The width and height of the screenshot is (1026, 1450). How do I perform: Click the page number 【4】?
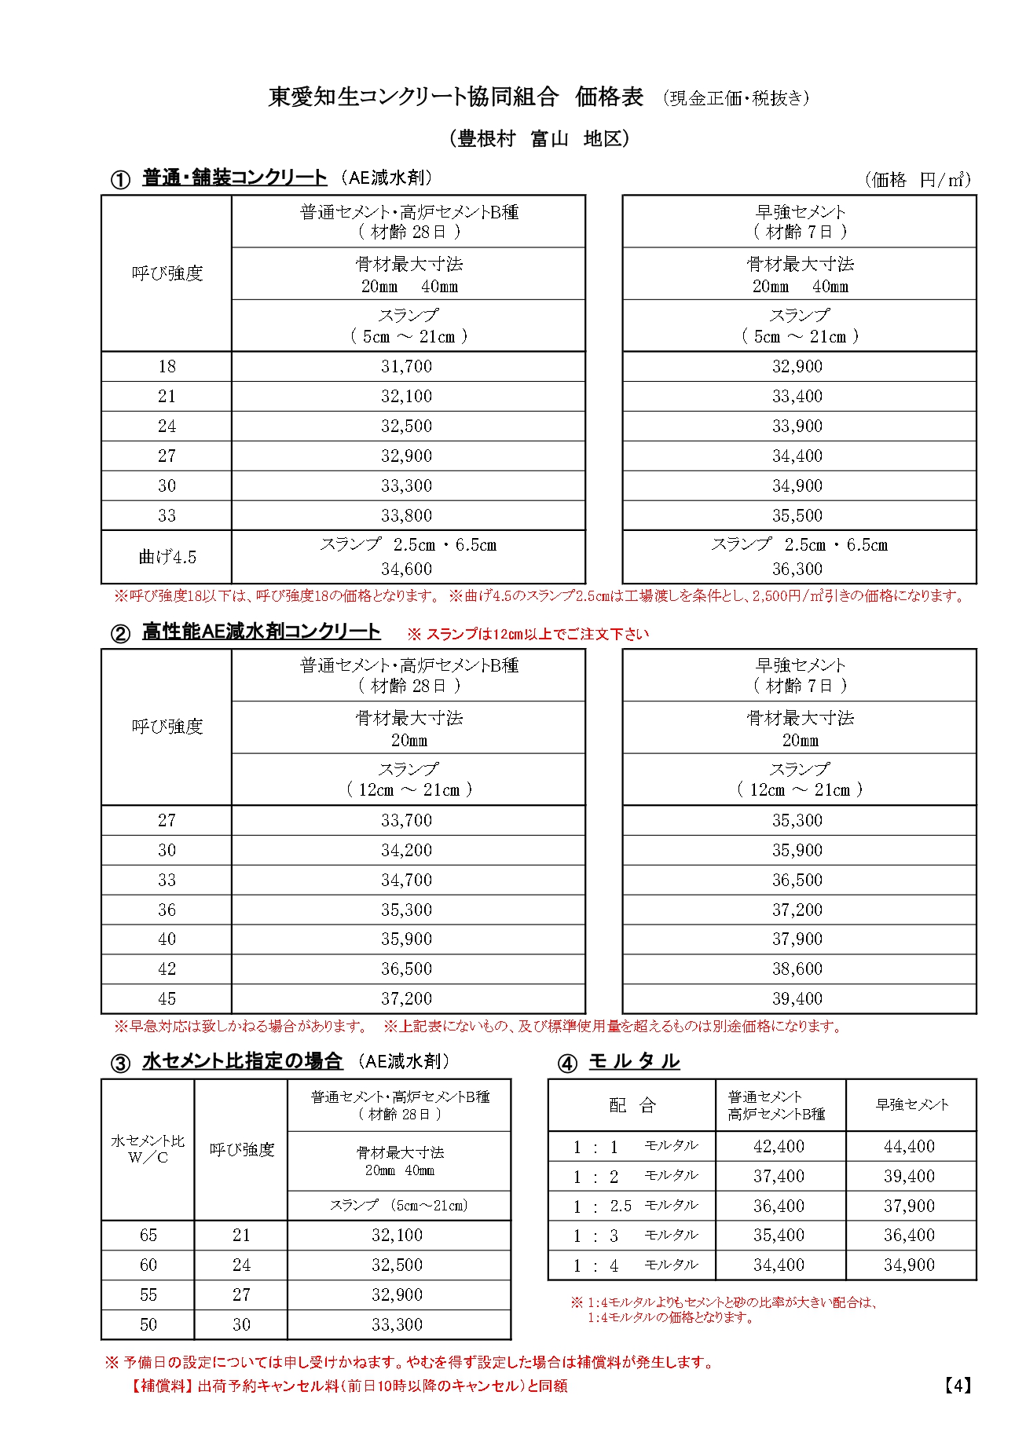point(958,1386)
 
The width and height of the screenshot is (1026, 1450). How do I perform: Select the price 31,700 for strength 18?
point(406,366)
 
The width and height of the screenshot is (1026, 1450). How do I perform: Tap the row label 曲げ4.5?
point(167,557)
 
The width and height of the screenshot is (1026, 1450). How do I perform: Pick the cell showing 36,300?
point(797,569)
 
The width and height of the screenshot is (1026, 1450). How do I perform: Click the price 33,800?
point(406,515)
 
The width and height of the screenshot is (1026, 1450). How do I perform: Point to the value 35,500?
point(797,515)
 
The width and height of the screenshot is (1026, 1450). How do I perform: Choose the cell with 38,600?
point(797,968)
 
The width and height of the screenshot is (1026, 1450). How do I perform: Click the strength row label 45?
point(167,998)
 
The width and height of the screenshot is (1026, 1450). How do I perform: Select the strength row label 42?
point(167,968)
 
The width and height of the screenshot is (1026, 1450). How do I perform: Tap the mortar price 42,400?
point(779,1146)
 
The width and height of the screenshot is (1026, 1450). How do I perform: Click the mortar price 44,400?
point(909,1146)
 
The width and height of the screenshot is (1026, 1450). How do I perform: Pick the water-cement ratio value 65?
point(148,1235)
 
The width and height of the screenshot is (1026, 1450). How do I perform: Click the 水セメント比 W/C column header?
point(148,1148)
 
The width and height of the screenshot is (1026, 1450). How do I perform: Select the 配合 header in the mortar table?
point(632,1105)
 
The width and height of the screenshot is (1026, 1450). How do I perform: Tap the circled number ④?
point(566,1064)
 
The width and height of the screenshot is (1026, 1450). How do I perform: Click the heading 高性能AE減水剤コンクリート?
point(261,632)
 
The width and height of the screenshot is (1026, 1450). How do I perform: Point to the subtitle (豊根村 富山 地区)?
point(540,139)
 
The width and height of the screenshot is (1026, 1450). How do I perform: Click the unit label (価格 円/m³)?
point(918,180)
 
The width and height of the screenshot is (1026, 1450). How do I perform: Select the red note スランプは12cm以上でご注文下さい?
point(528,634)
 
